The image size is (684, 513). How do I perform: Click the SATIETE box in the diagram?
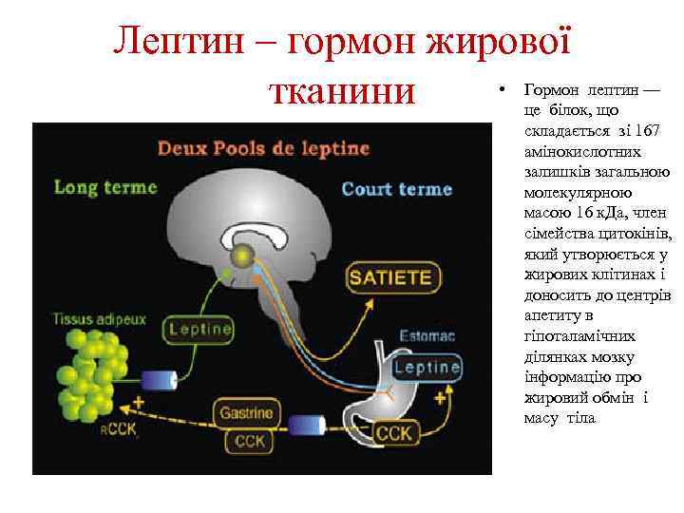tap(391, 278)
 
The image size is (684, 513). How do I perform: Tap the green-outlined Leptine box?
tap(200, 330)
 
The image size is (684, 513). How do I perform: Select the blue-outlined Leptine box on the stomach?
tap(427, 367)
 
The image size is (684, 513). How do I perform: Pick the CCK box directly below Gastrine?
tap(249, 441)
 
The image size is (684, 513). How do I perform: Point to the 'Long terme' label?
tap(105, 187)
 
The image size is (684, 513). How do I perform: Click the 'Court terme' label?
tap(396, 189)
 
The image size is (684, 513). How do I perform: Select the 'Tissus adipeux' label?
tap(99, 319)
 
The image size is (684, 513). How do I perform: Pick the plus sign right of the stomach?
tap(439, 400)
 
